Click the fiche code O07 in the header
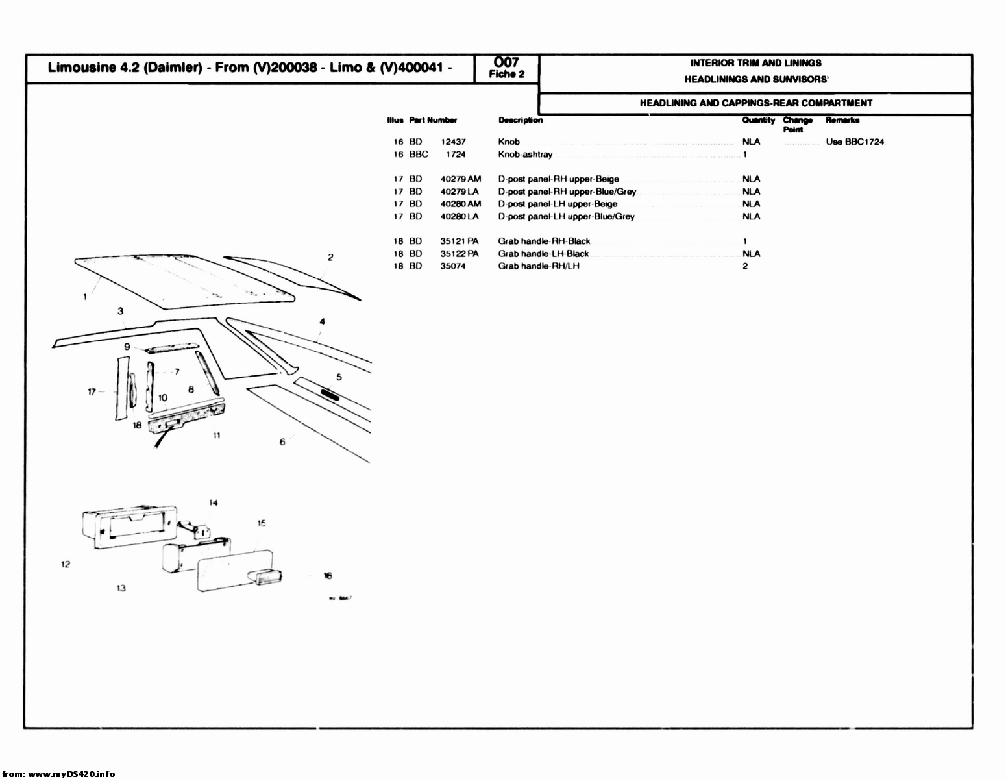[x=506, y=62]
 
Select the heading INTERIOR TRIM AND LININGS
[x=755, y=63]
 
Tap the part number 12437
[x=453, y=142]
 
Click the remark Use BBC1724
[x=855, y=142]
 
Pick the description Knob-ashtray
[x=525, y=155]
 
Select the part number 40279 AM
[x=460, y=179]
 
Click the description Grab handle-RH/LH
[x=539, y=266]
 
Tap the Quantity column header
[x=758, y=120]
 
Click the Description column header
[x=521, y=120]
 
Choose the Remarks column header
[x=842, y=120]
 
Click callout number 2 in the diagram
[x=330, y=257]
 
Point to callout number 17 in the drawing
[x=92, y=391]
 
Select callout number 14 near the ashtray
[x=214, y=502]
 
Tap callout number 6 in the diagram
[x=282, y=442]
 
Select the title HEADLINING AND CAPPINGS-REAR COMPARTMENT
[x=755, y=103]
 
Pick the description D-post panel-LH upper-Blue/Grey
[x=566, y=217]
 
